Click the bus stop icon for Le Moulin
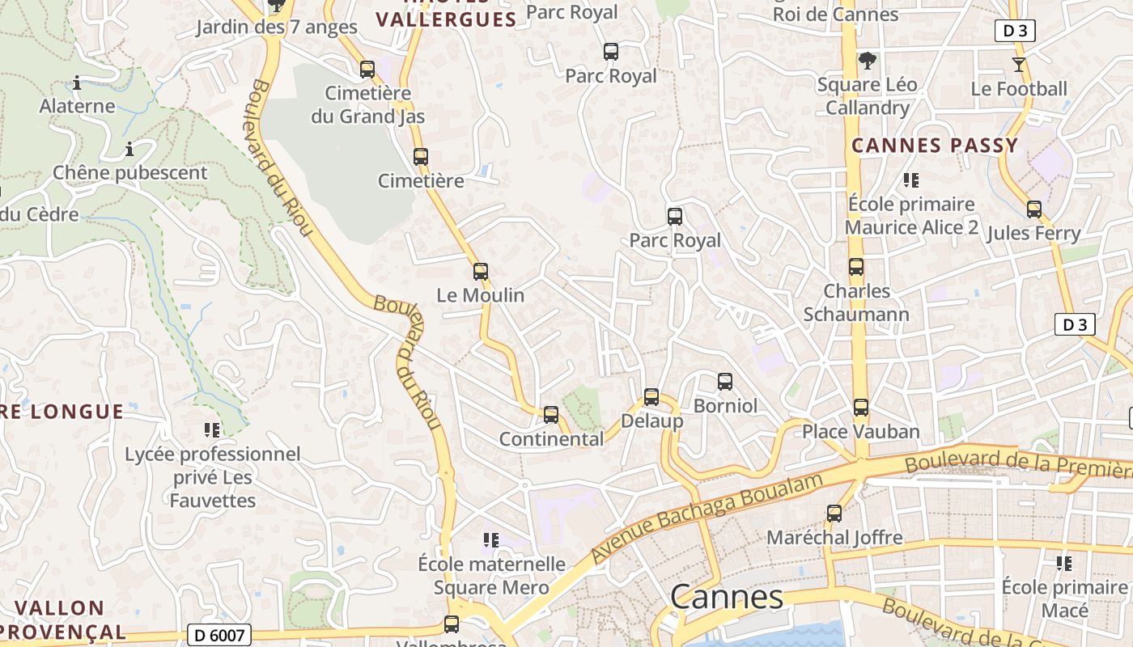click(481, 272)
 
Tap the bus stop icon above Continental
click(551, 415)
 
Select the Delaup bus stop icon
click(651, 397)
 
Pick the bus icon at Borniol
click(725, 381)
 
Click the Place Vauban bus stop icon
click(861, 408)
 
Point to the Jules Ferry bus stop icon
click(1034, 209)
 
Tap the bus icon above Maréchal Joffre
click(834, 514)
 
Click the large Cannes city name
click(727, 597)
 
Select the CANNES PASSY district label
click(935, 146)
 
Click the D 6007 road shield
click(219, 636)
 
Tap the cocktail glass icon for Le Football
click(1019, 65)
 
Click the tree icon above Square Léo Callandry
click(867, 61)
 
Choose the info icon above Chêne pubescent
click(129, 150)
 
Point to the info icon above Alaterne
click(77, 82)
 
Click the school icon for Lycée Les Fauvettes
click(212, 430)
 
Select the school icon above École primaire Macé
click(1064, 563)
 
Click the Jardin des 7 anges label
click(276, 27)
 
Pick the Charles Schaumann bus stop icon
click(856, 267)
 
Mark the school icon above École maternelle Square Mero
click(490, 539)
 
